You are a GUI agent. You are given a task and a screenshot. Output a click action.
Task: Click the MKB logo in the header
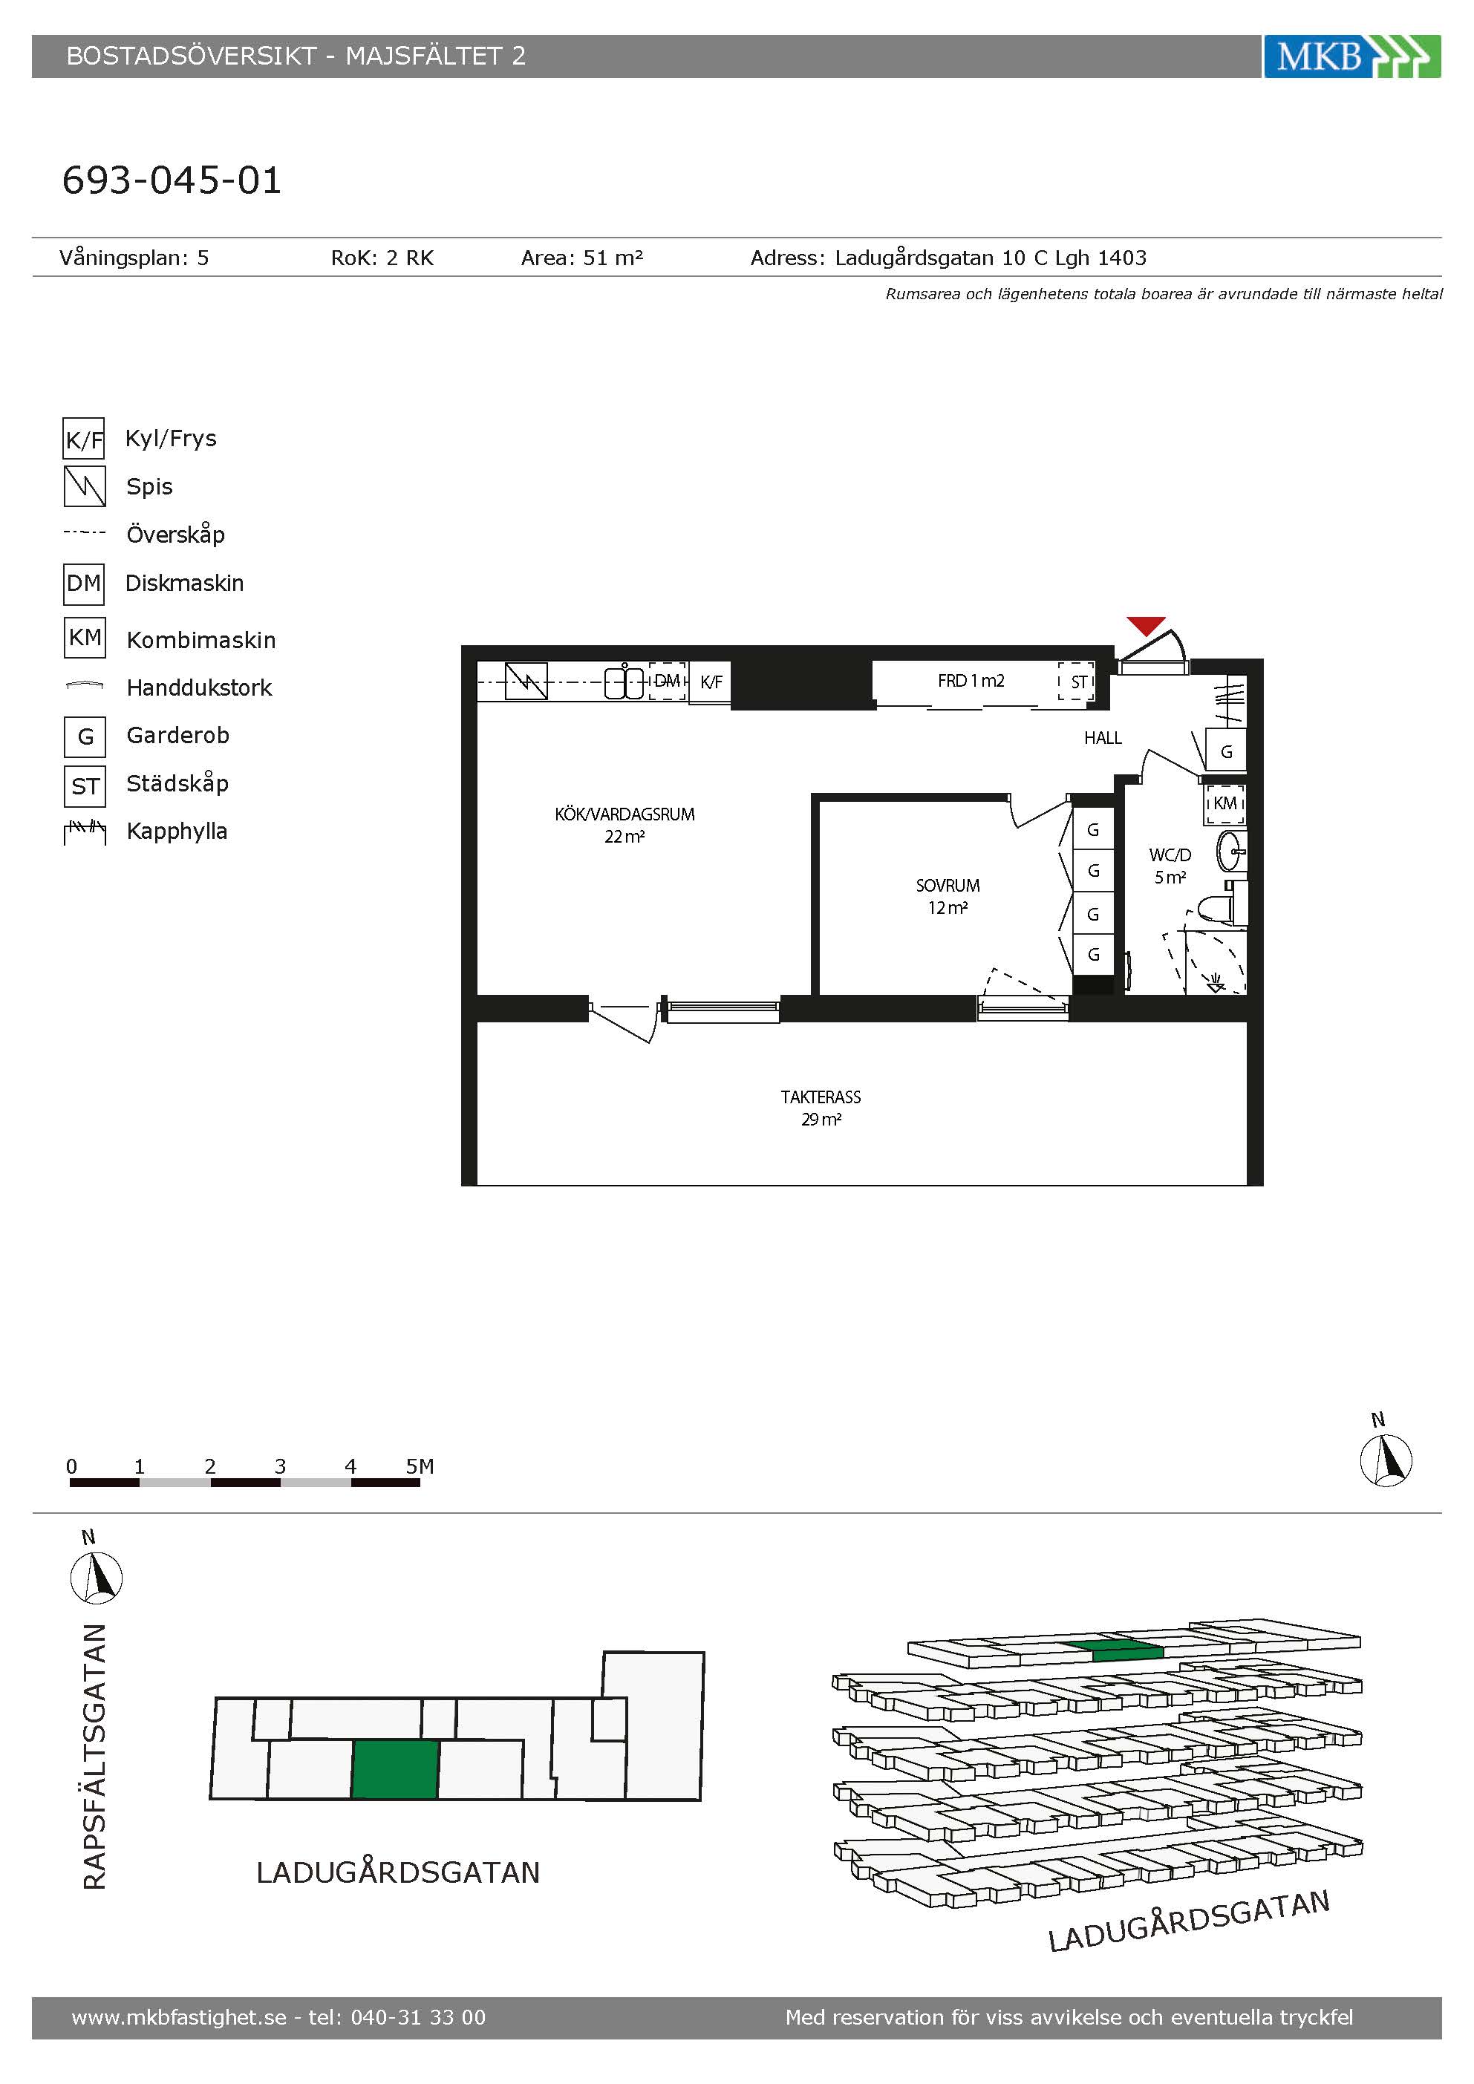(1351, 56)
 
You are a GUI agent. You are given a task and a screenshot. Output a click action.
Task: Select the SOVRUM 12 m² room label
(948, 896)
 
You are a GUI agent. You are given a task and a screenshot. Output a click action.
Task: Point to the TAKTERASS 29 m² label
(821, 1108)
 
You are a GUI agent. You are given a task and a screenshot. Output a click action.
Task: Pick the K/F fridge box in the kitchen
(711, 682)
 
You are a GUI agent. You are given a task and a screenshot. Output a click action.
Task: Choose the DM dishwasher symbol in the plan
(667, 681)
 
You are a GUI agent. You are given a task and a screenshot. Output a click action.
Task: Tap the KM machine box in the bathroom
(1224, 803)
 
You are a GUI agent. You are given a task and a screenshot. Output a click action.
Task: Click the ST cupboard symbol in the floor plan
(1077, 682)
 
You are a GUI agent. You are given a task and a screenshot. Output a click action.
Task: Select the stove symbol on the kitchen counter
(526, 681)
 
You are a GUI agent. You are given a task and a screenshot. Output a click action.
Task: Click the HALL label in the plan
(1103, 738)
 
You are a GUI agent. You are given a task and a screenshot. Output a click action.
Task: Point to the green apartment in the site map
(396, 1769)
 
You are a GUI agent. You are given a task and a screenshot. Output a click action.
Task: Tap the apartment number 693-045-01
(172, 180)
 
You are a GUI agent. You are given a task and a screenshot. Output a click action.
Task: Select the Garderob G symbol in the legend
(85, 736)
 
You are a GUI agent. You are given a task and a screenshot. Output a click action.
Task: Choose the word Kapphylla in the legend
(177, 832)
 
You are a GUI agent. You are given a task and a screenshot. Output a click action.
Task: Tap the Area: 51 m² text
(581, 258)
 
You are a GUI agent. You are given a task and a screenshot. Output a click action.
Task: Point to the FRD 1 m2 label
(971, 681)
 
